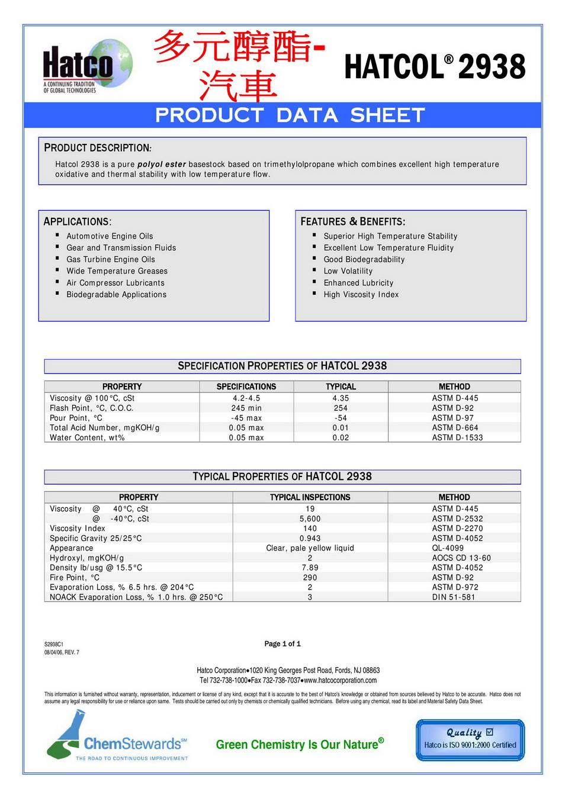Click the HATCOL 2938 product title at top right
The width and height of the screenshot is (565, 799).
435,66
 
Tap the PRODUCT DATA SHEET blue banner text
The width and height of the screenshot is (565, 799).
290,115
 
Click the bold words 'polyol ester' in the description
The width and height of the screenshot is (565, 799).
162,165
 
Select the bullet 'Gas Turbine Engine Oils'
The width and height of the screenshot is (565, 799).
111,259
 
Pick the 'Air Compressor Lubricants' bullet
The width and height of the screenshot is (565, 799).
115,283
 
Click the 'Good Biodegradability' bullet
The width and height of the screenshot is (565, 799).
364,259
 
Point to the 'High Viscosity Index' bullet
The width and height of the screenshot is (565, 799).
361,295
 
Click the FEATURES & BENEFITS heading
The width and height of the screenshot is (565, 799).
353,221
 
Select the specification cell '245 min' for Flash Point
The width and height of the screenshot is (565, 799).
246,408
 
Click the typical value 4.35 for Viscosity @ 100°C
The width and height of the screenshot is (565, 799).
341,398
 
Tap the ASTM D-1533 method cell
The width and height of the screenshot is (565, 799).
457,438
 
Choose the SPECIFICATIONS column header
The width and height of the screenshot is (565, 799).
246,386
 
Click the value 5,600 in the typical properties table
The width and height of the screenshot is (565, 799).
310,519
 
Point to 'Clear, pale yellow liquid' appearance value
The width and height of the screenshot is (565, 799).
310,548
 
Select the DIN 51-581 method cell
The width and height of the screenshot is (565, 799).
454,597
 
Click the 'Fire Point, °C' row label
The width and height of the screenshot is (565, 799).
75,578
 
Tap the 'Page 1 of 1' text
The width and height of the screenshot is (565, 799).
282,644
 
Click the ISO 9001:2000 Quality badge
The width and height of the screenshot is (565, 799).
470,740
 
